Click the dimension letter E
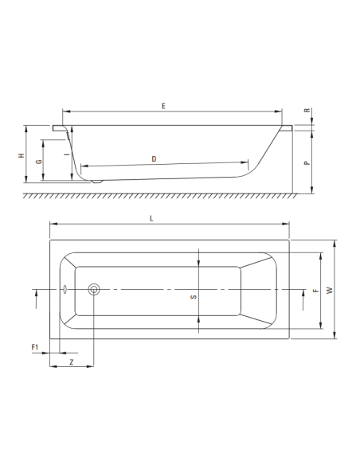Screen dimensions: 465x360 pyautogui.click(x=162, y=105)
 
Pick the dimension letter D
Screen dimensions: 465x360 pyautogui.click(x=154, y=158)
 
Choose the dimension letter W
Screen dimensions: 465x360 pyautogui.click(x=328, y=291)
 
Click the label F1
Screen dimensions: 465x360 pyautogui.click(x=35, y=347)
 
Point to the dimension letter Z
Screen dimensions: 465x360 pyautogui.click(x=72, y=361)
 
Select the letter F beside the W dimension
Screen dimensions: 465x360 pyautogui.click(x=315, y=291)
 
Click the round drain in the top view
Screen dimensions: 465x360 pyautogui.click(x=95, y=290)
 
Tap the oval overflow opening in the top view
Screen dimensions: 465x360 pyautogui.click(x=63, y=290)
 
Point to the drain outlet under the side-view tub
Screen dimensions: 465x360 pyautogui.click(x=95, y=182)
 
